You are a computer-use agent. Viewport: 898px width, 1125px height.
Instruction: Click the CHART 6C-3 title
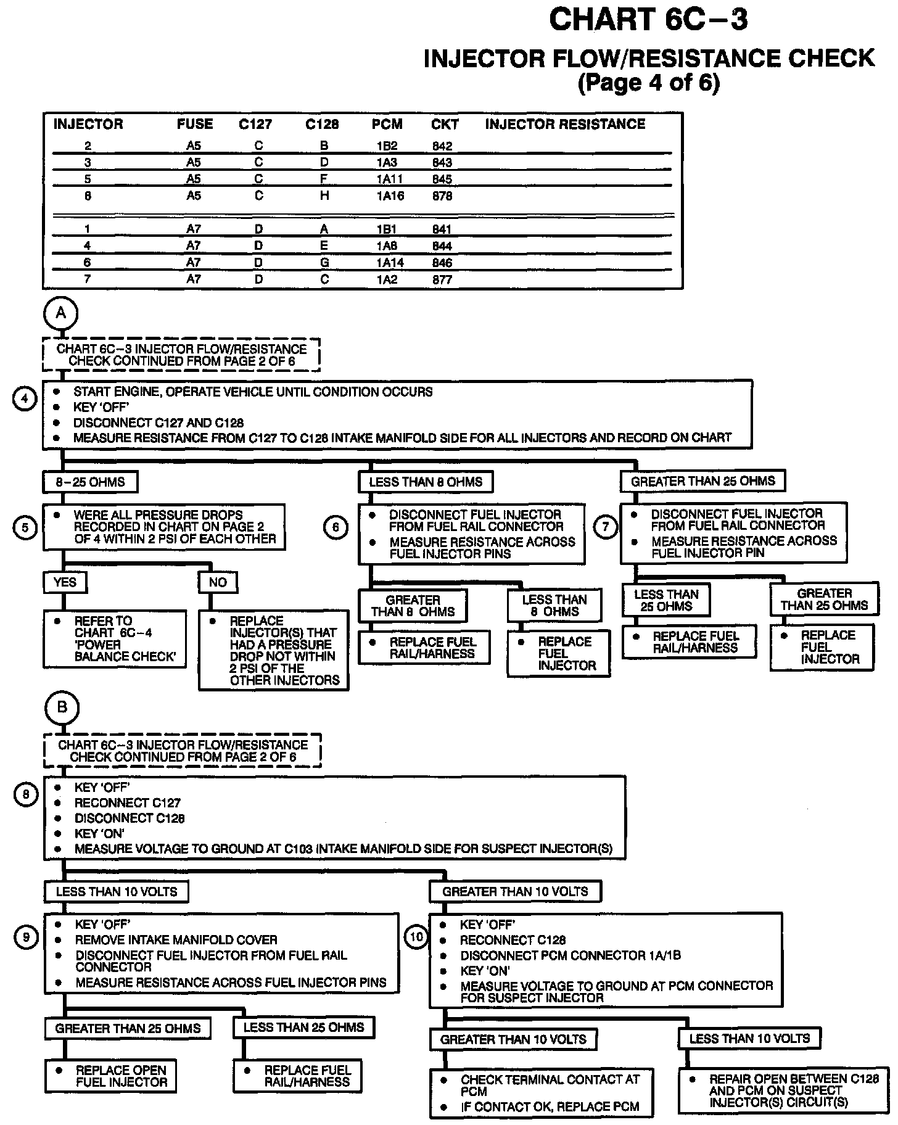coord(648,20)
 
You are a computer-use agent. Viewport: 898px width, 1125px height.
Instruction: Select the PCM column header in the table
coord(387,125)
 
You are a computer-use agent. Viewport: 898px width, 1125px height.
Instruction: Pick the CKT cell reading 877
coord(442,280)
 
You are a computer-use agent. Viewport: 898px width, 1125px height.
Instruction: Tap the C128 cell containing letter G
coord(324,263)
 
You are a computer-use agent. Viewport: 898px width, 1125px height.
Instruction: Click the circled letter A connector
coord(60,313)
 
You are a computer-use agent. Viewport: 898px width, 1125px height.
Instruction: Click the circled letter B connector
coord(62,707)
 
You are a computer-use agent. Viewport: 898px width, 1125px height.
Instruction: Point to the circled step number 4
coord(25,399)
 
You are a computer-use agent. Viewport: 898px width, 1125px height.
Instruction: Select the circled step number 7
coord(605,527)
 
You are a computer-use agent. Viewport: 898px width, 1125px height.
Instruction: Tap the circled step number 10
coord(417,937)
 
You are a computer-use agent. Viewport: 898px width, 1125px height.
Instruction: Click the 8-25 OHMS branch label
coord(90,482)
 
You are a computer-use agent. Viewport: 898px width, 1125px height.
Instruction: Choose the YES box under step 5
coord(65,582)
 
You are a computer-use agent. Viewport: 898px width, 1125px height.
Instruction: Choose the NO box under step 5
coord(218,582)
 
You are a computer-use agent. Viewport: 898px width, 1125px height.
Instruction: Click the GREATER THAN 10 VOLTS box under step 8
coord(515,891)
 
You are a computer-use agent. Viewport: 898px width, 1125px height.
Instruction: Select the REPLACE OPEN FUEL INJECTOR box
coord(110,1076)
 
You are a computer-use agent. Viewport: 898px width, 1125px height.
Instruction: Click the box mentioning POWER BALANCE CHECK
coord(115,639)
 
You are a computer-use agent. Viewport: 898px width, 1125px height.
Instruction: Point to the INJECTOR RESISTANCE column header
coord(564,125)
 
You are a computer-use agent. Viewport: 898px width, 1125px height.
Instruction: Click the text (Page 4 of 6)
coord(648,83)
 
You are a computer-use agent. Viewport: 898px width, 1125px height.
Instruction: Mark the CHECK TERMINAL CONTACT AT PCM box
coord(541,1093)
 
